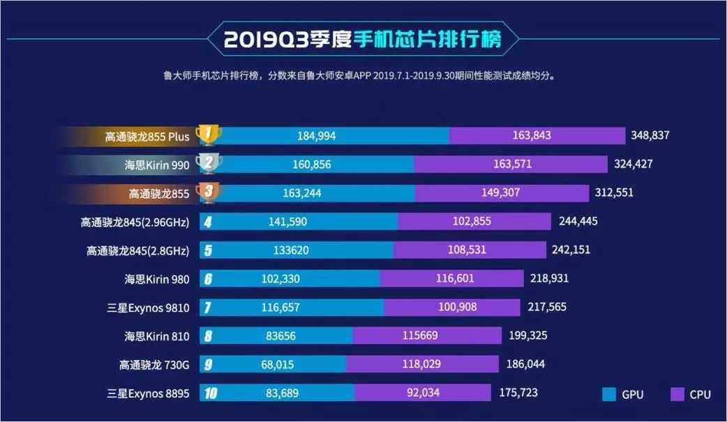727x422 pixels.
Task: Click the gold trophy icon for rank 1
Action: [x=208, y=135]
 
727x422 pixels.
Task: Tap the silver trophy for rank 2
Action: [x=208, y=164]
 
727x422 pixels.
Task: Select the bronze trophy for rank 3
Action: [x=208, y=193]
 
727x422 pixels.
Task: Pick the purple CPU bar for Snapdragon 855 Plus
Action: [x=537, y=135]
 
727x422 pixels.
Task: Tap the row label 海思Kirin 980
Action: [x=157, y=278]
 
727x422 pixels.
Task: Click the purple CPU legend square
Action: [x=676, y=395]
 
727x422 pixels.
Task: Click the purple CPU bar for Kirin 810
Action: [x=427, y=336]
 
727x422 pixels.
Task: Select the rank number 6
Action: [x=207, y=279]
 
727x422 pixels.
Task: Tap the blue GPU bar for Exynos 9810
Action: [x=292, y=307]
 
